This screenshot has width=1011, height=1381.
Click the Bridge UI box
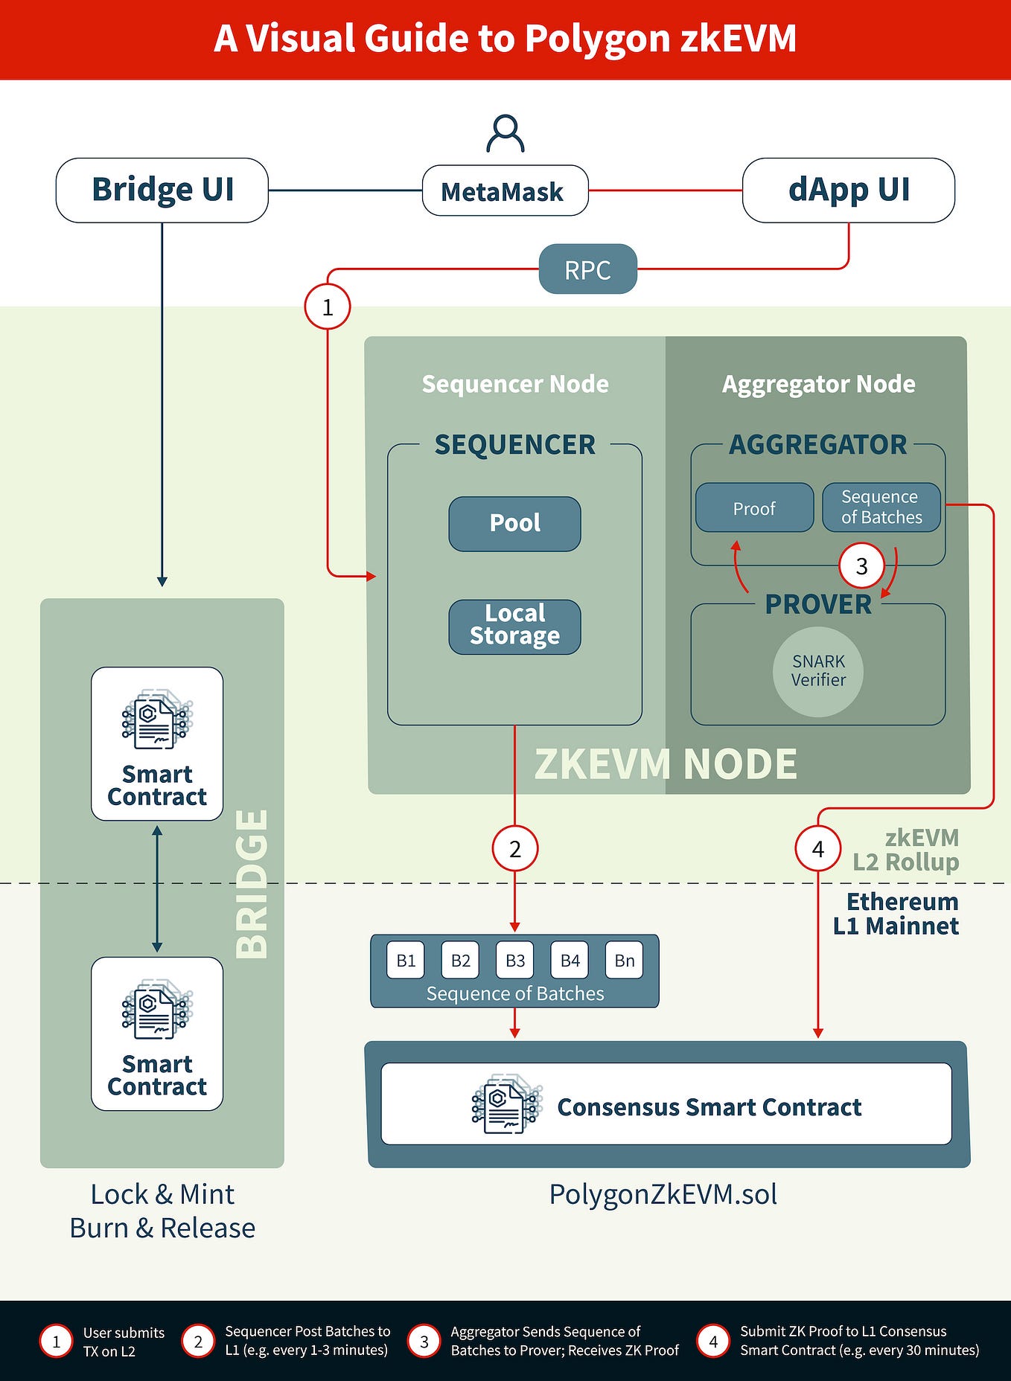[x=162, y=190]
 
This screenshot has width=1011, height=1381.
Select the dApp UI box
[x=849, y=190]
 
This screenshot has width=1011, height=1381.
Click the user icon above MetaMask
[x=505, y=134]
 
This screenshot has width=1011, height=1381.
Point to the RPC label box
[x=587, y=269]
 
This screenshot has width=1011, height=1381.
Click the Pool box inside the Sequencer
[x=514, y=524]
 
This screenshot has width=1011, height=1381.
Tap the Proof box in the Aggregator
[x=754, y=508]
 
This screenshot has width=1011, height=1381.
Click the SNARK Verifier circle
[x=818, y=671]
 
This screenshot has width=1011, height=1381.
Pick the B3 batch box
[x=515, y=961]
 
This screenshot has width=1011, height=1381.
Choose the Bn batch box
[x=624, y=961]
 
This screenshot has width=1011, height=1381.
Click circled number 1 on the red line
[x=328, y=307]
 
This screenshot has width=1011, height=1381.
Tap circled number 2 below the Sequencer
[x=514, y=848]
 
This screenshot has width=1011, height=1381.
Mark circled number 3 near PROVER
[x=861, y=566]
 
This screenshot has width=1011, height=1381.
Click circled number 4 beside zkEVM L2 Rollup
[x=817, y=848]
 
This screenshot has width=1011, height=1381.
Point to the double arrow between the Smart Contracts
[x=157, y=889]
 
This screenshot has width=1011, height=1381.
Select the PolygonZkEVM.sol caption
[x=663, y=1195]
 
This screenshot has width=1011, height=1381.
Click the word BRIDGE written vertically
[x=252, y=884]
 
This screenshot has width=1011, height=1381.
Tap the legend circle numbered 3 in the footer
[x=424, y=1342]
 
